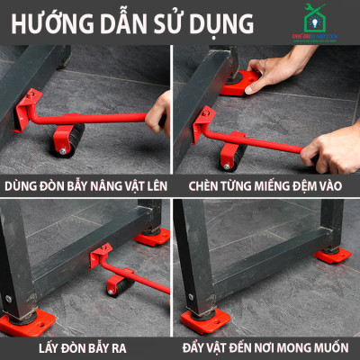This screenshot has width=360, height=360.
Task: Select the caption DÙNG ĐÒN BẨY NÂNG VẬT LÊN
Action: (87, 185)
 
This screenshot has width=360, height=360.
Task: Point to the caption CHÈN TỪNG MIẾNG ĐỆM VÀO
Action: (268, 185)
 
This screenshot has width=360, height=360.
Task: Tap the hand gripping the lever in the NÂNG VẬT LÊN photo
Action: (159, 112)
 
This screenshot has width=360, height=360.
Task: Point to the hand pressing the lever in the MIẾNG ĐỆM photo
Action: (331, 153)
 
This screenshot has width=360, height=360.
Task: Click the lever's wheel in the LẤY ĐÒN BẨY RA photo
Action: (118, 288)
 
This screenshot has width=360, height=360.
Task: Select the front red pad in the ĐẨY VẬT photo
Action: (201, 320)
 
